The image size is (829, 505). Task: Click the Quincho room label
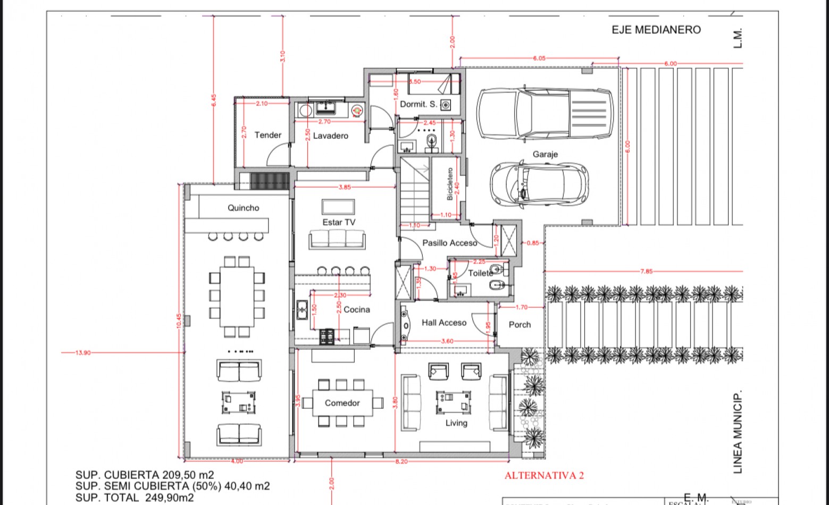click(x=243, y=208)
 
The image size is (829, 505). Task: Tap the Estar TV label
click(x=338, y=222)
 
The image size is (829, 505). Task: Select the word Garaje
click(x=545, y=154)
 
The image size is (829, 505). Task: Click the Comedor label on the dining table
click(x=342, y=403)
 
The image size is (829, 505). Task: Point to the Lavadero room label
click(x=330, y=136)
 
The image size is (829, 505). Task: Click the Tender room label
click(x=267, y=135)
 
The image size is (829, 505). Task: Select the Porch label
click(x=520, y=325)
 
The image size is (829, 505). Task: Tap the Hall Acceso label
click(x=443, y=323)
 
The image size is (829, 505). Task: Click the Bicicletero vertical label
click(x=450, y=184)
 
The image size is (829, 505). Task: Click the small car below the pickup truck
click(x=539, y=184)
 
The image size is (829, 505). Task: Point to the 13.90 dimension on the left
click(x=82, y=352)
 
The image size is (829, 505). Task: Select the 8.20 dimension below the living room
click(x=401, y=461)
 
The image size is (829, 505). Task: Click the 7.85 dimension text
click(x=646, y=271)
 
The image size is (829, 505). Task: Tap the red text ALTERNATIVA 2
click(x=543, y=475)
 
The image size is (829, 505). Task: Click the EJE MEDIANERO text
click(x=656, y=30)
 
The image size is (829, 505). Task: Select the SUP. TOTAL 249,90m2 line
click(x=135, y=498)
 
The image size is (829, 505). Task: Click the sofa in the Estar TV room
click(x=337, y=240)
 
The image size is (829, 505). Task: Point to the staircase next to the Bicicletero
click(x=415, y=191)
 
